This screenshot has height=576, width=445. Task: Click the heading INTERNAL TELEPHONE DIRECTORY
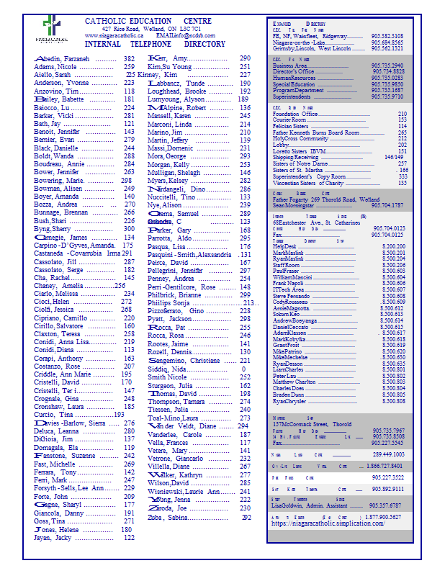(155, 44)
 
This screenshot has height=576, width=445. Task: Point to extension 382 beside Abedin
(129, 59)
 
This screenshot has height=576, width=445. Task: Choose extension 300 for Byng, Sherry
(129, 229)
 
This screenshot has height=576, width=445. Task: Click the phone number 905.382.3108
(387, 35)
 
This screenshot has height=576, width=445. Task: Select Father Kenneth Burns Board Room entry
(315, 132)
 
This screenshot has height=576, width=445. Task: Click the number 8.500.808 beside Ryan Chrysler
(392, 401)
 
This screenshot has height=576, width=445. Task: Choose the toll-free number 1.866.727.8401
(383, 467)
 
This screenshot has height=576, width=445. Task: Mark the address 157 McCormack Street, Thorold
(311, 425)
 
